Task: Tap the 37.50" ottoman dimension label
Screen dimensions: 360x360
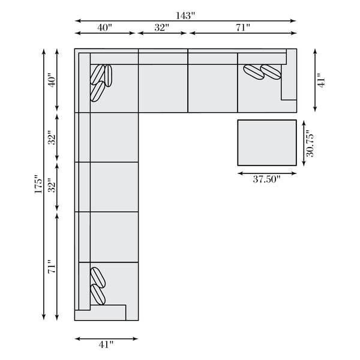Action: tap(267, 179)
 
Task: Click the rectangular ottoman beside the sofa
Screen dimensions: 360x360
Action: tap(267, 143)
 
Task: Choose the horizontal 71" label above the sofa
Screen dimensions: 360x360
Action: tap(242, 28)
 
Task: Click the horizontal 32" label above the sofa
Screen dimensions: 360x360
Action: tap(161, 28)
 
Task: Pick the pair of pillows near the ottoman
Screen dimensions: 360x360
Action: tap(262, 71)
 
